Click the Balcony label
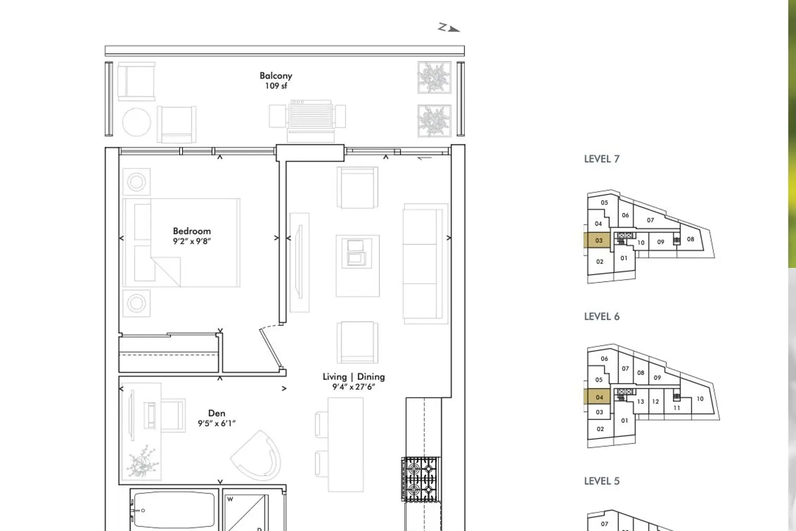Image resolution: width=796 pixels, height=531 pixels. click(x=276, y=76)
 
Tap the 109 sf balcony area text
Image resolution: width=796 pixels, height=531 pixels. click(x=276, y=86)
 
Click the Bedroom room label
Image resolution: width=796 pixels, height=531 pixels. click(x=192, y=231)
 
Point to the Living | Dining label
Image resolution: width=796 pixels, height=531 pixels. click(x=353, y=376)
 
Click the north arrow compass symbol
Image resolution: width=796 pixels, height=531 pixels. click(x=449, y=28)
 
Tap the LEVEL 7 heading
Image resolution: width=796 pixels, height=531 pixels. click(x=602, y=159)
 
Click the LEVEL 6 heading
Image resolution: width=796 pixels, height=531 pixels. click(x=602, y=316)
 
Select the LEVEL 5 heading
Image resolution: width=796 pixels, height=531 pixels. click(x=602, y=481)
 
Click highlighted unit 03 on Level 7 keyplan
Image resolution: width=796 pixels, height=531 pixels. click(x=598, y=241)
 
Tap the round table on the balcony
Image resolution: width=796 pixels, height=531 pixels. click(x=136, y=122)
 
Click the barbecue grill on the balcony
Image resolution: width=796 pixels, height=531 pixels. click(x=310, y=116)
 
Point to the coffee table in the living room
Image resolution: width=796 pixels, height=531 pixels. click(x=358, y=265)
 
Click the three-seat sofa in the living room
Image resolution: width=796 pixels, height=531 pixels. click(x=426, y=263)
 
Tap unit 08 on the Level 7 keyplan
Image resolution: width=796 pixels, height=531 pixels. click(x=690, y=239)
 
